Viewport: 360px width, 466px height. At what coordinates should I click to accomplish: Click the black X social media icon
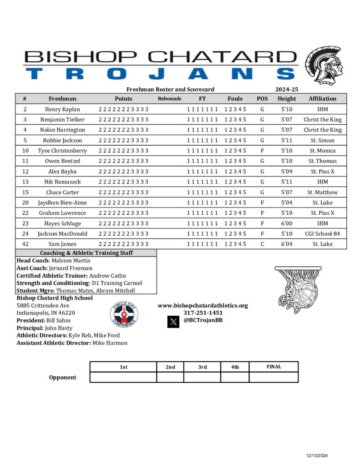(x=173, y=322)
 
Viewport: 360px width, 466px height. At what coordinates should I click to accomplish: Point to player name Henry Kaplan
(x=62, y=109)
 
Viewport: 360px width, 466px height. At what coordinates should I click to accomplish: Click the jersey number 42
(x=25, y=244)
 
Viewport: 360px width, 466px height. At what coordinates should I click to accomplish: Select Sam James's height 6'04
(x=287, y=244)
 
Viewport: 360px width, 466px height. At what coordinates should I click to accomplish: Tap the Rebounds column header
(x=170, y=98)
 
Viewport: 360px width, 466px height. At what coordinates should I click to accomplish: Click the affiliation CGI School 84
(x=322, y=233)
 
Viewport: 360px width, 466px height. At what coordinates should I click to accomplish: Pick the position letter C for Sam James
(x=262, y=244)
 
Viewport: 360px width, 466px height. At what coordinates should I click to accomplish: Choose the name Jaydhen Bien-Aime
(x=62, y=203)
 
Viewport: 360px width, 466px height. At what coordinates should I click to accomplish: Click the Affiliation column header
(x=322, y=98)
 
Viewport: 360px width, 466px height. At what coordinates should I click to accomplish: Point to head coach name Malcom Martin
(x=71, y=261)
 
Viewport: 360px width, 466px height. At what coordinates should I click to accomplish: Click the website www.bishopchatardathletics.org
(x=203, y=305)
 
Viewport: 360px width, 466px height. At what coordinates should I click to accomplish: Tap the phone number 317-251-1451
(x=203, y=313)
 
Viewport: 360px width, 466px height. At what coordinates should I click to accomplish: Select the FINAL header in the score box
(x=274, y=367)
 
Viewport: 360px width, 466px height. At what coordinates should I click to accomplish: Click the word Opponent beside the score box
(x=63, y=377)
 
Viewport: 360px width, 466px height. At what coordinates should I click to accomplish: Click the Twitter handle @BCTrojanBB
(x=203, y=320)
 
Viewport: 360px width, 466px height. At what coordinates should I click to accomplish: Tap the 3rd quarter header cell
(x=203, y=367)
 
